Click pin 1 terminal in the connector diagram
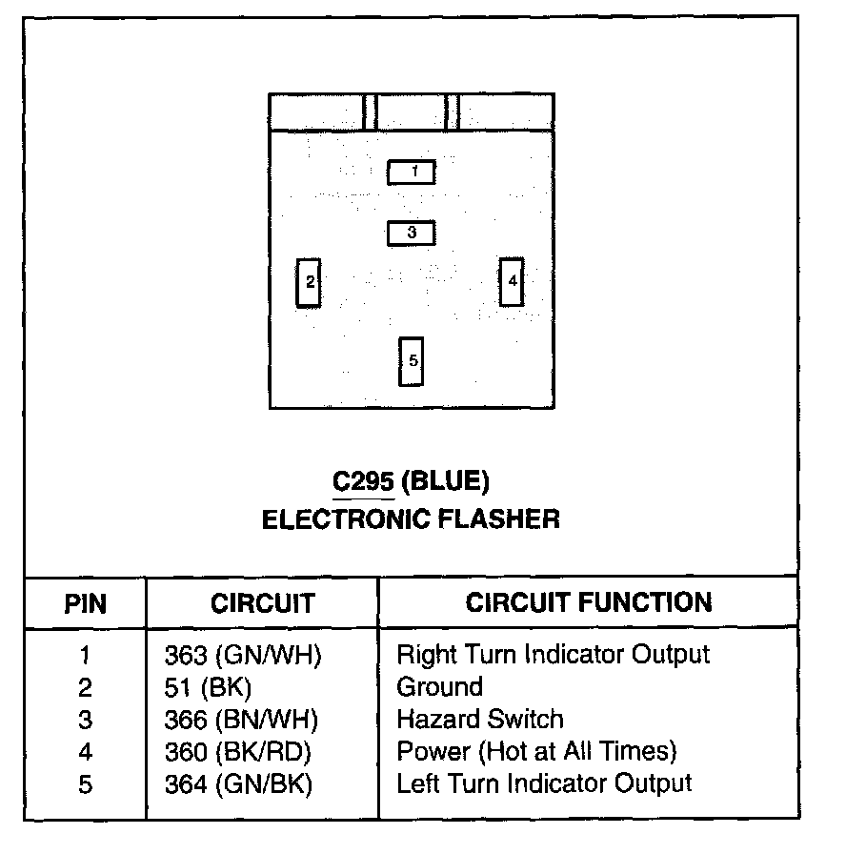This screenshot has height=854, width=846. pos(412,172)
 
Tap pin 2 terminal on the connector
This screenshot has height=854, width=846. pos(308,282)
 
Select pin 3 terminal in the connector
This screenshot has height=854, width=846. pos(412,232)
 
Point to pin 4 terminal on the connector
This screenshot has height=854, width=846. pos(512,281)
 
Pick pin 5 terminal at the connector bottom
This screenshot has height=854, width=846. pos(412,361)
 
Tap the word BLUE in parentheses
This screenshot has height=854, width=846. pos(445,483)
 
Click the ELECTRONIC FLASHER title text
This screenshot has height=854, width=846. pos(411,519)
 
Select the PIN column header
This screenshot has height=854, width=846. pos(86,603)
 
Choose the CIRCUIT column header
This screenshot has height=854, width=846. pos(262,603)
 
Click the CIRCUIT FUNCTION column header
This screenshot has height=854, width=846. pos(588,602)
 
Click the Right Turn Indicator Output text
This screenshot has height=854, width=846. pos(553,655)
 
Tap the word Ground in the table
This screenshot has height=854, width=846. pos(439,687)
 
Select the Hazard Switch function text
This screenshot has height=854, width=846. pos(480,720)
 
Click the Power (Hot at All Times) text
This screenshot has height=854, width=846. pos(536,752)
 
